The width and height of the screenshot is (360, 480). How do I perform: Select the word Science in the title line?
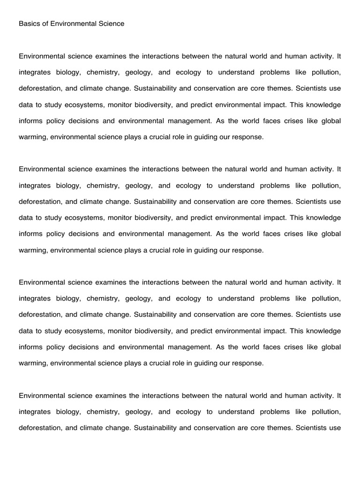[x=111, y=23]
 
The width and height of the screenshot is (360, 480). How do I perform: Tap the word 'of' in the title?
[x=45, y=23]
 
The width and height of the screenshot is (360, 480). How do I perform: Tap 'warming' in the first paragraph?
[x=32, y=137]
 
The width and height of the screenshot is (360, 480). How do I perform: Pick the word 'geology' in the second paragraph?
[x=139, y=186]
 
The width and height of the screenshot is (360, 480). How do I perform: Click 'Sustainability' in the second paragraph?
[x=155, y=202]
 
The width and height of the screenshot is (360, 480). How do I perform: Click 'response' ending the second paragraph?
[x=248, y=250]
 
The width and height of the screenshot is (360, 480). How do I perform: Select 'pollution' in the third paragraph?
[x=326, y=299]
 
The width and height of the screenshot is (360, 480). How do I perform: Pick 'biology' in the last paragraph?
[x=69, y=412]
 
